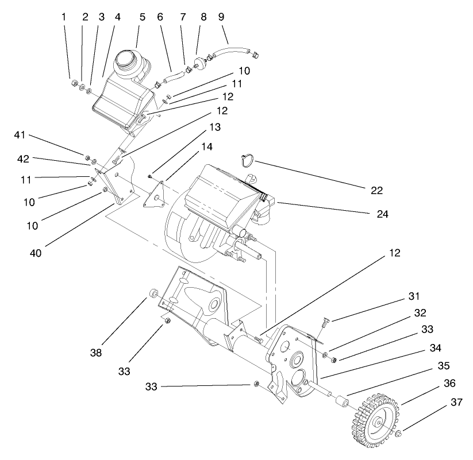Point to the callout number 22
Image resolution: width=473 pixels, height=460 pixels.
point(377,190)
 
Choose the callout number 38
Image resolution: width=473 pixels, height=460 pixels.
point(96,353)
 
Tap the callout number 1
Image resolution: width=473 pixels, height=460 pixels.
point(64,17)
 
